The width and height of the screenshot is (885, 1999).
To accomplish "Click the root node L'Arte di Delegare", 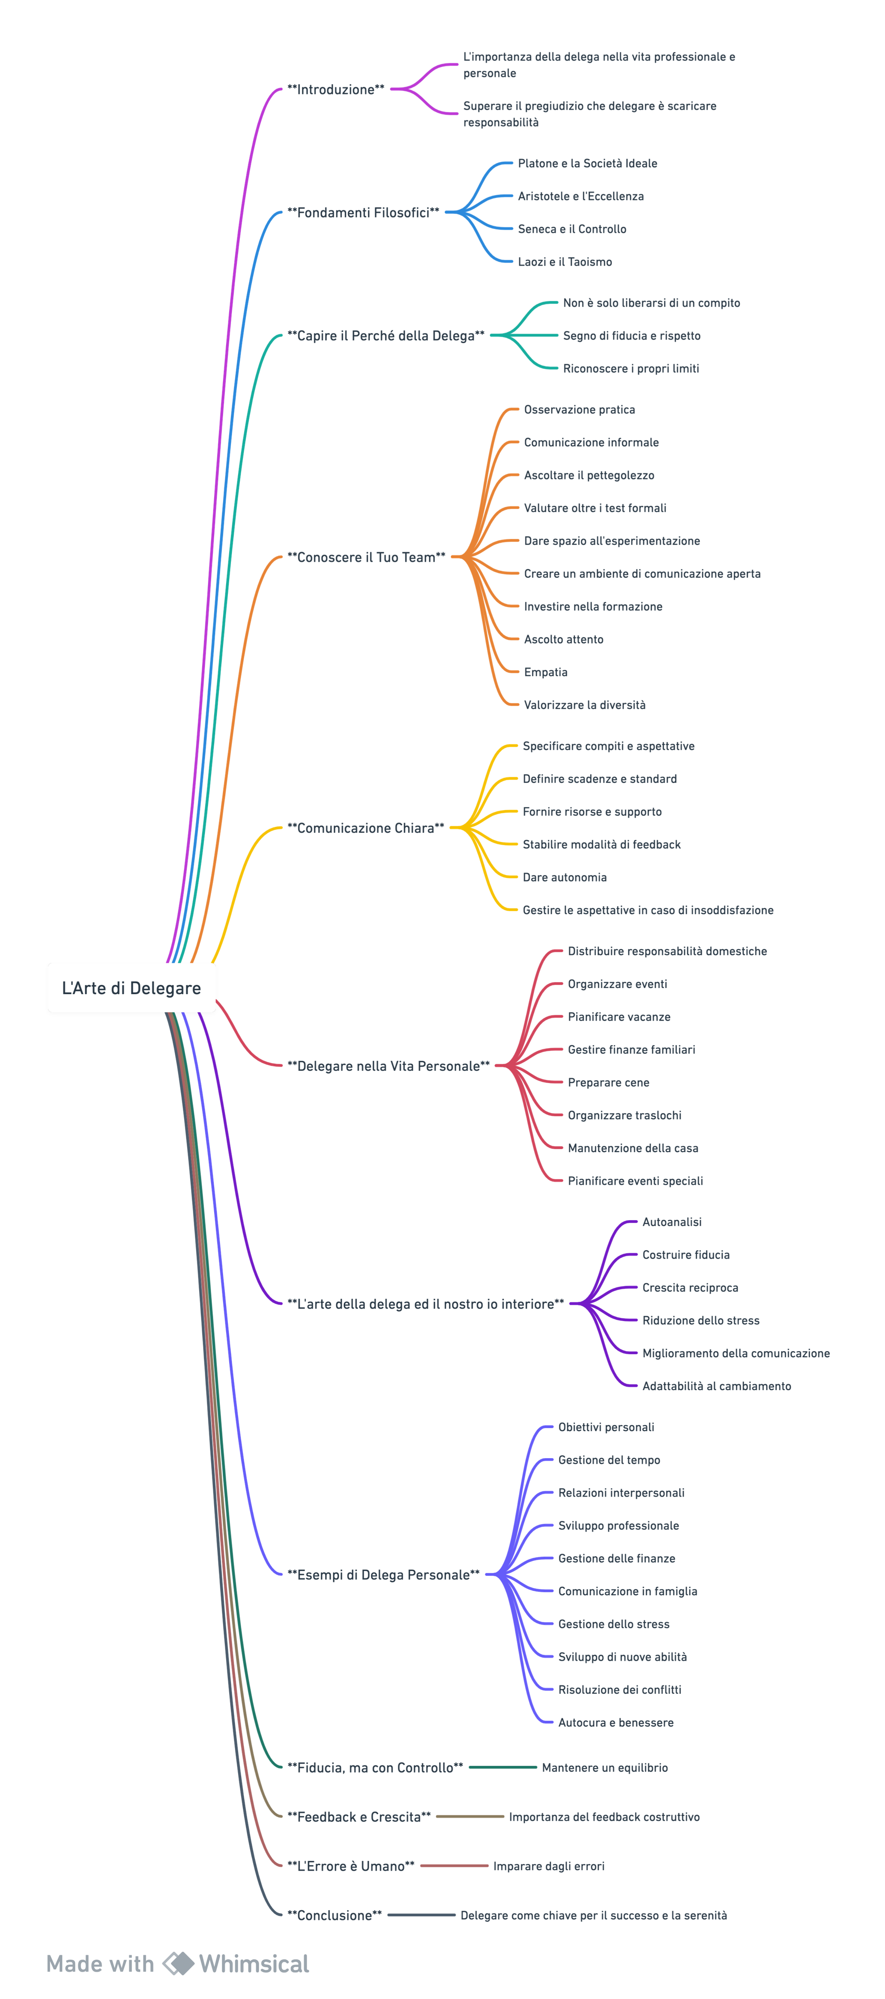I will pos(131,988).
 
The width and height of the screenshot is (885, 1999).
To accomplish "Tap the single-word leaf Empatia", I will pos(545,673).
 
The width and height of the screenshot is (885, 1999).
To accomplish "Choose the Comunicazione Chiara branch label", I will pos(366,828).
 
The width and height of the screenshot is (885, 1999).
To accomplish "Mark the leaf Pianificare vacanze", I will pos(619,1017).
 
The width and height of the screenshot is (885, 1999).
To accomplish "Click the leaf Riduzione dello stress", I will pos(700,1321).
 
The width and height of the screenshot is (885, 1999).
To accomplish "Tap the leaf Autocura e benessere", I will pos(616,1723).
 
